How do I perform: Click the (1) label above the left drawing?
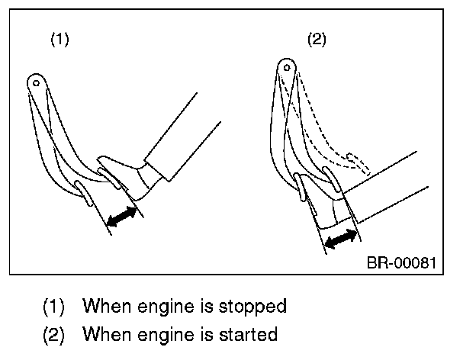coord(59,40)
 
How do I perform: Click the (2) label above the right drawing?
coord(317,40)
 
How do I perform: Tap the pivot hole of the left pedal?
coord(36,83)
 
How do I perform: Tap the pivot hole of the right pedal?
coord(287,68)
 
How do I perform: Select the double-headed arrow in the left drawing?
coord(122,217)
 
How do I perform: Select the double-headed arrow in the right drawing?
coord(341,239)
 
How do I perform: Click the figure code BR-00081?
coord(401,262)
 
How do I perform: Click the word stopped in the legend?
coord(252,307)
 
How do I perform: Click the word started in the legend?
coord(248,334)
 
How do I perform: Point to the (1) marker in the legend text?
coord(53,307)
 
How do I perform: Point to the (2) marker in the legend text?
coord(53,335)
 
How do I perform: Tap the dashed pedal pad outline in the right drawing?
coord(359,164)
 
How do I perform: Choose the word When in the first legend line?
coord(108,305)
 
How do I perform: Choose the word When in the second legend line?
coord(108,333)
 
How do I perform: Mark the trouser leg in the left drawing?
coord(182,137)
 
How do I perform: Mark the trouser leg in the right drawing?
coord(385,187)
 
